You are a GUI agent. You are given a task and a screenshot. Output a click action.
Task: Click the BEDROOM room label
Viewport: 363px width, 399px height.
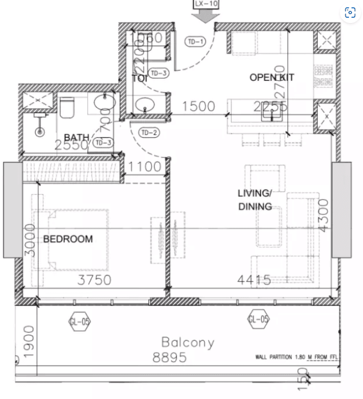[68, 239]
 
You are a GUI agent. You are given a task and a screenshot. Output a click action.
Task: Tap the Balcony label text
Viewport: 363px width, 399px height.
[188, 343]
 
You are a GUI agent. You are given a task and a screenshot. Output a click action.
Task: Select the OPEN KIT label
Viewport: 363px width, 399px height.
[272, 78]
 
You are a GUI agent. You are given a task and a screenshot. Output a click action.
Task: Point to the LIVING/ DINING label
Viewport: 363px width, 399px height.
[255, 200]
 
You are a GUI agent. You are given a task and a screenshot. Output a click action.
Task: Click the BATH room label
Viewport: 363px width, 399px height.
[76, 138]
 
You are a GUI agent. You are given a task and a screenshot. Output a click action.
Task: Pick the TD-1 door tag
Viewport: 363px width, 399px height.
[195, 42]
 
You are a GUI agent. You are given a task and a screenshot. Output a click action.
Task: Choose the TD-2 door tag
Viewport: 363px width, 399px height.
[149, 133]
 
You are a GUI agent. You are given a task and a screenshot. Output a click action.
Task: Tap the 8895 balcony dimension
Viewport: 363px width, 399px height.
[169, 358]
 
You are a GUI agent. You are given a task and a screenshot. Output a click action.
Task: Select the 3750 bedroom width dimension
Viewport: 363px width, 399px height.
[94, 280]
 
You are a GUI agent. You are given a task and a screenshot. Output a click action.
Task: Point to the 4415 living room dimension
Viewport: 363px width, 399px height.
[254, 280]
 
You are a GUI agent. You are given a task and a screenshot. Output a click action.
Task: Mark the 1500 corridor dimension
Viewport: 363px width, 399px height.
[198, 107]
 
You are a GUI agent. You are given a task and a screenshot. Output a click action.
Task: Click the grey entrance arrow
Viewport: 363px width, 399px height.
[206, 16]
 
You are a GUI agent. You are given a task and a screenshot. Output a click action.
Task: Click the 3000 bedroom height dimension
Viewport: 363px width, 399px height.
[30, 241]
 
